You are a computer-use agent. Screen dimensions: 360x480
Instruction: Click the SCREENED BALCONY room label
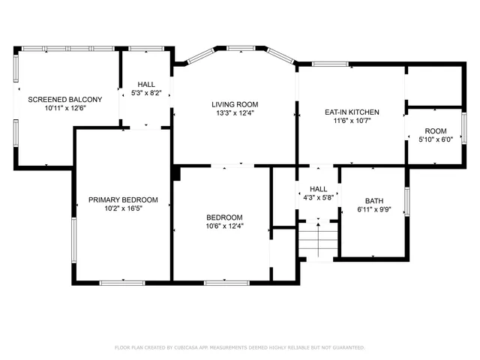tap(65, 99)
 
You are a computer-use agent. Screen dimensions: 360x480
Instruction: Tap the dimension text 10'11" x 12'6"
tap(65, 108)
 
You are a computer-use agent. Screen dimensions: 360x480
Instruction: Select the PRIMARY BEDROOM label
tap(123, 199)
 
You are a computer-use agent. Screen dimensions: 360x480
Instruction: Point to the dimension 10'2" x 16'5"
tap(123, 208)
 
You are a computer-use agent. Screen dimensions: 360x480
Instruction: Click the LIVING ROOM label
tap(233, 104)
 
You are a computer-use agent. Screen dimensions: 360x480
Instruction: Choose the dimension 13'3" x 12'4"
tap(233, 113)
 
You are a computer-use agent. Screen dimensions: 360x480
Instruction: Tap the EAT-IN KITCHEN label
tap(352, 112)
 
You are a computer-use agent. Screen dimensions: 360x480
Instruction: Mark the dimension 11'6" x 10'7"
tap(352, 121)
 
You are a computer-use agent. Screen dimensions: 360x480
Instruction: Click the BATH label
tap(373, 201)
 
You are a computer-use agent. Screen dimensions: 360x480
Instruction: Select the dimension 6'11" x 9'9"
tap(373, 210)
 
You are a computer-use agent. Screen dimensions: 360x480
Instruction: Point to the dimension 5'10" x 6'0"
tap(436, 139)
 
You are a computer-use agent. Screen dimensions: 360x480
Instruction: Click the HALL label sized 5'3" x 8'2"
tap(146, 85)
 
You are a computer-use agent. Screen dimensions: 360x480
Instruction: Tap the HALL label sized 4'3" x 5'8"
tap(319, 190)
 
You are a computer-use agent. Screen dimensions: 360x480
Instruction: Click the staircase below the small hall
tap(318, 242)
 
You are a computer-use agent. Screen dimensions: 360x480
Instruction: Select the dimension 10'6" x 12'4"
tap(225, 226)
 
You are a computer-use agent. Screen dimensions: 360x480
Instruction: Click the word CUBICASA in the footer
tap(192, 348)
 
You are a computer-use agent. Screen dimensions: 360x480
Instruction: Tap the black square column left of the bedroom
tap(176, 173)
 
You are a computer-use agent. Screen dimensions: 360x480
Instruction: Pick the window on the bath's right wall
tap(406, 201)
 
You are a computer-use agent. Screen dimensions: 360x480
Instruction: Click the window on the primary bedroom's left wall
tap(73, 240)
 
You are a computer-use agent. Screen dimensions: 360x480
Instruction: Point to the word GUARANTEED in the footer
tap(349, 348)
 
